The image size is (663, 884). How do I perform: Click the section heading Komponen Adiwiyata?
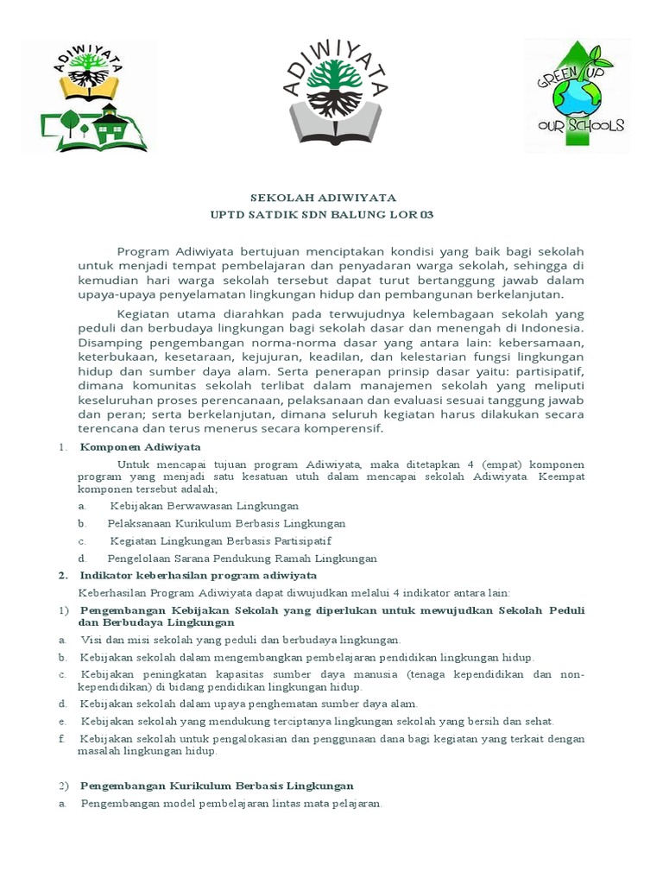coord(140,447)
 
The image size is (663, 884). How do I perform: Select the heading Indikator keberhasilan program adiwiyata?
coord(198,575)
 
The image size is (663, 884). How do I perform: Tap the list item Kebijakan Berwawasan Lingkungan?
coord(205,506)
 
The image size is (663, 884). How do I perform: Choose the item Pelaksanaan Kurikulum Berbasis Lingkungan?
coord(226,523)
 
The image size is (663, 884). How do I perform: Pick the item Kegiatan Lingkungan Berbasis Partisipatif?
coord(220,540)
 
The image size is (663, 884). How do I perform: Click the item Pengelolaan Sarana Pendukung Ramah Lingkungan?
coord(242,559)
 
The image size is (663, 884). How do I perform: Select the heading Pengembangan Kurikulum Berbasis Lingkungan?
coord(217,786)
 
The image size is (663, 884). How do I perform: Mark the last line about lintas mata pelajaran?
coord(230,804)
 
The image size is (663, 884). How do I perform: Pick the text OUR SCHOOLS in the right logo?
coord(580,126)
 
